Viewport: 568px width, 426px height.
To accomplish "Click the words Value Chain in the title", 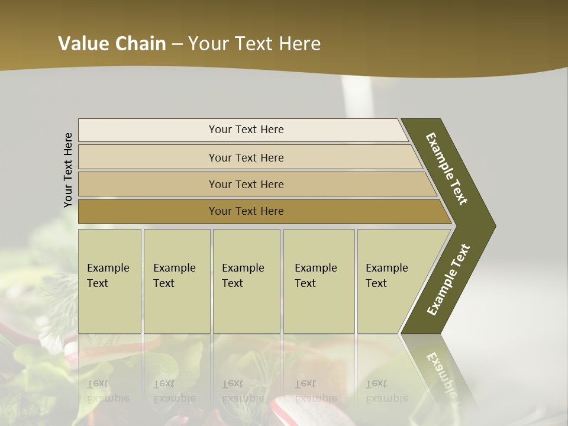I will tap(112, 44).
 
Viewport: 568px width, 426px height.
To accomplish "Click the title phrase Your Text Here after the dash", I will tap(254, 44).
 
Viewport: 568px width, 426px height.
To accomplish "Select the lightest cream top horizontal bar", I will tap(148, 130).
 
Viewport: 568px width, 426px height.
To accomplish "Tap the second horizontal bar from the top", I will tap(148, 157).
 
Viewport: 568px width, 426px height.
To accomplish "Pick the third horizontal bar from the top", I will tap(148, 184).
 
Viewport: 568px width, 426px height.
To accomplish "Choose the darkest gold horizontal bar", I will tap(148, 211).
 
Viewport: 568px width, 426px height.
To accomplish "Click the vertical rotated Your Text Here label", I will tap(68, 170).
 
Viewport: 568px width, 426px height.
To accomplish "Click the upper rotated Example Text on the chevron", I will tap(447, 169).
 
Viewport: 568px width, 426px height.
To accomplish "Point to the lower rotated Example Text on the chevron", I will tap(448, 280).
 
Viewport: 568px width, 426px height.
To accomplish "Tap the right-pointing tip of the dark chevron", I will tap(492, 225).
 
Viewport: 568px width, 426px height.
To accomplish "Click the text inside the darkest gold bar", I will tap(246, 211).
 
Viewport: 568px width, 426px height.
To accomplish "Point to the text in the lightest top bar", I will tap(246, 130).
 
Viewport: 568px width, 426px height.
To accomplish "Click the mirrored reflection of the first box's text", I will tap(108, 390).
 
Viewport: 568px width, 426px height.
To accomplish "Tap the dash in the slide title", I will tap(177, 44).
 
